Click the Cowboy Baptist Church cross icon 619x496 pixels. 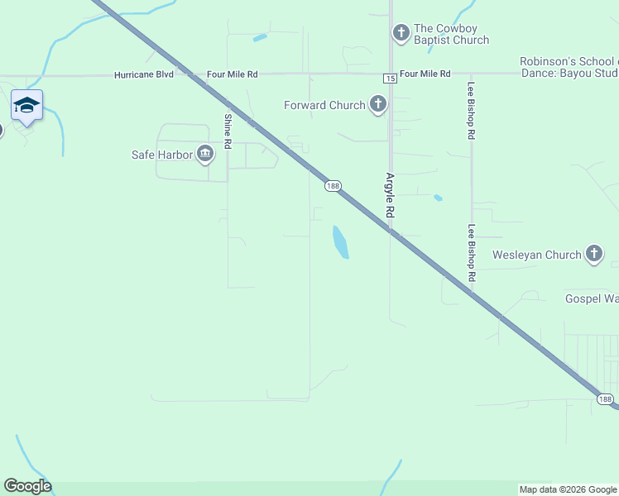(401, 33)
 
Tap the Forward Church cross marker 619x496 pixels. (378, 105)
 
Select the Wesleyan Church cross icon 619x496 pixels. (594, 255)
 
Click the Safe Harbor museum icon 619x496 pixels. (205, 154)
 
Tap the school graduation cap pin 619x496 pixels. (26, 106)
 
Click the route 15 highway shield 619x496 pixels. (390, 78)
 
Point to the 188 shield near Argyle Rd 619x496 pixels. (333, 187)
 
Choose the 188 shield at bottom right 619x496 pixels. (606, 399)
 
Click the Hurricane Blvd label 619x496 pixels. (144, 74)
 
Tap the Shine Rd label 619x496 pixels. (228, 131)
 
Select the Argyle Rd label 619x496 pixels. (389, 195)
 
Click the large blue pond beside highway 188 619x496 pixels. (340, 241)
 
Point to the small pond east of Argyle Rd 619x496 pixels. (437, 198)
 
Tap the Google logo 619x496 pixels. (27, 486)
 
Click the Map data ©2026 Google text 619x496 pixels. (568, 489)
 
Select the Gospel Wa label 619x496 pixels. (591, 298)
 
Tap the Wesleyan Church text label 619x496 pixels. (537, 255)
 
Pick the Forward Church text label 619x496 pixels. (324, 105)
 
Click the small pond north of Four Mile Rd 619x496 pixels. (260, 37)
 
